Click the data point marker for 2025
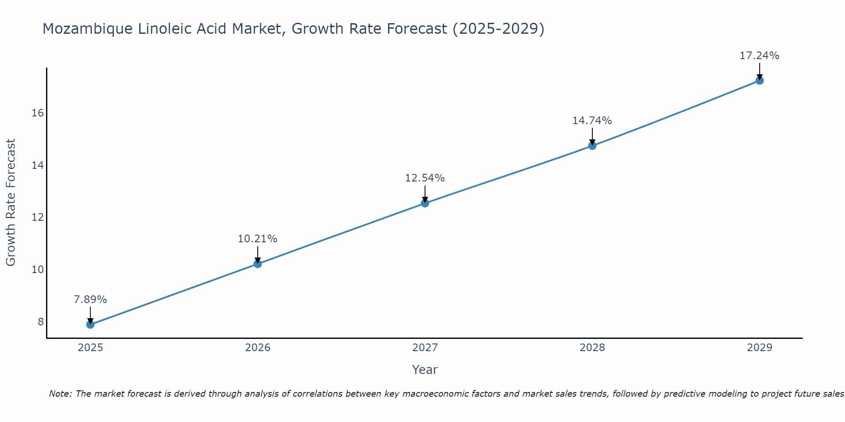90,325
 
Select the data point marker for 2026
257,264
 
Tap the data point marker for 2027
425,203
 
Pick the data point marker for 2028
592,146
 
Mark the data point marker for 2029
759,80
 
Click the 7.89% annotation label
90,300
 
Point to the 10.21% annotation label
257,239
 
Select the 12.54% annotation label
425,178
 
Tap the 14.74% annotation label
592,121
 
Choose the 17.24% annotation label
759,56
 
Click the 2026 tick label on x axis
258,348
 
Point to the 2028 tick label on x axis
592,348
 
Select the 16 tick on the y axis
38,113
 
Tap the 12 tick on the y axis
38,217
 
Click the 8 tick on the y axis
41,322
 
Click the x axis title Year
425,370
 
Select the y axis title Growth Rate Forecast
11,203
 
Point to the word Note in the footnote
61,394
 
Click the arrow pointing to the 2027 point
425,194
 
